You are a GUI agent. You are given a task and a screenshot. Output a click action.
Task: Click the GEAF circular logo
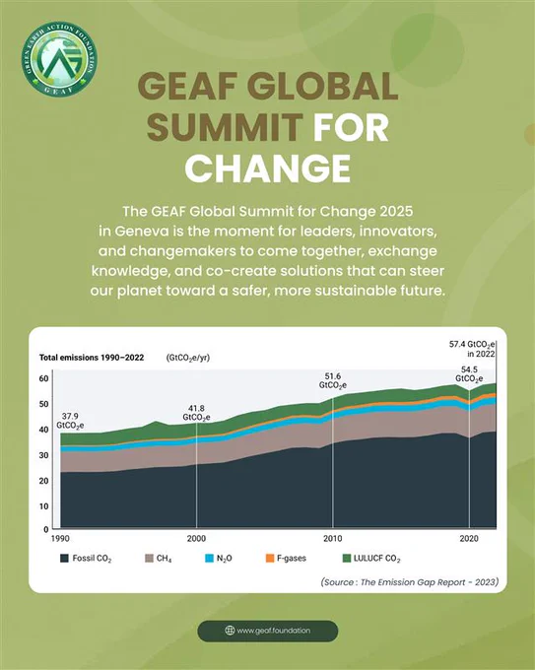coord(59,58)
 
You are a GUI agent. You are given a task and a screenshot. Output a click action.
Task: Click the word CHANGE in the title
coord(268,167)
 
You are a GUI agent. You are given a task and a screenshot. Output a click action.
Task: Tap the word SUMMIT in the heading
coord(225,126)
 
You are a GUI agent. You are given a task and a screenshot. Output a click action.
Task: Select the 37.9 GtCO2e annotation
coord(70,421)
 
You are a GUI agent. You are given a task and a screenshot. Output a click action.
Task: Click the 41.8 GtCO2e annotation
coord(196,413)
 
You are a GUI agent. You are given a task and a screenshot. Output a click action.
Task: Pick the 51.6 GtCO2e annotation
coord(333,380)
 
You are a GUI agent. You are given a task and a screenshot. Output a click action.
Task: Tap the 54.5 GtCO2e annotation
coord(469,374)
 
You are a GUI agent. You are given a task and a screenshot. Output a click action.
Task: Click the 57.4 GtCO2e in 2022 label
coord(472,349)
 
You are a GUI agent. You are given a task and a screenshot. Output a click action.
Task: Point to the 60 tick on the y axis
coord(43,378)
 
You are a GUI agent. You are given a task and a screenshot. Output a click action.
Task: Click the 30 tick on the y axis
coord(43,455)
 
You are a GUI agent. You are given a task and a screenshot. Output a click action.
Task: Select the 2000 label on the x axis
coord(196,539)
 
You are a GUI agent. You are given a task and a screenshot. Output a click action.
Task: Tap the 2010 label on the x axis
coord(332,539)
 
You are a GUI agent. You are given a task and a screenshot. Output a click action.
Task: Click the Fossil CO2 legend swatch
coord(64,559)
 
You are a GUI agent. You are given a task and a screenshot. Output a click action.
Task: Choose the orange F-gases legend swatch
coord(270,559)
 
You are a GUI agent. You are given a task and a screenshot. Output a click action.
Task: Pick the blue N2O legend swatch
coord(210,559)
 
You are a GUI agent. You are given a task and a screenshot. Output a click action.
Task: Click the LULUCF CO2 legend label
coord(377,559)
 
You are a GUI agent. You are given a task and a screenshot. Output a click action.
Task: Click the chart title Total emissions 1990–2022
coord(92,358)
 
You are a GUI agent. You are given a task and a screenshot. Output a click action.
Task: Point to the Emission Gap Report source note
coord(410,582)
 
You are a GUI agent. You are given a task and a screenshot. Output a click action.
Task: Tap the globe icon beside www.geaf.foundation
coord(230,631)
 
